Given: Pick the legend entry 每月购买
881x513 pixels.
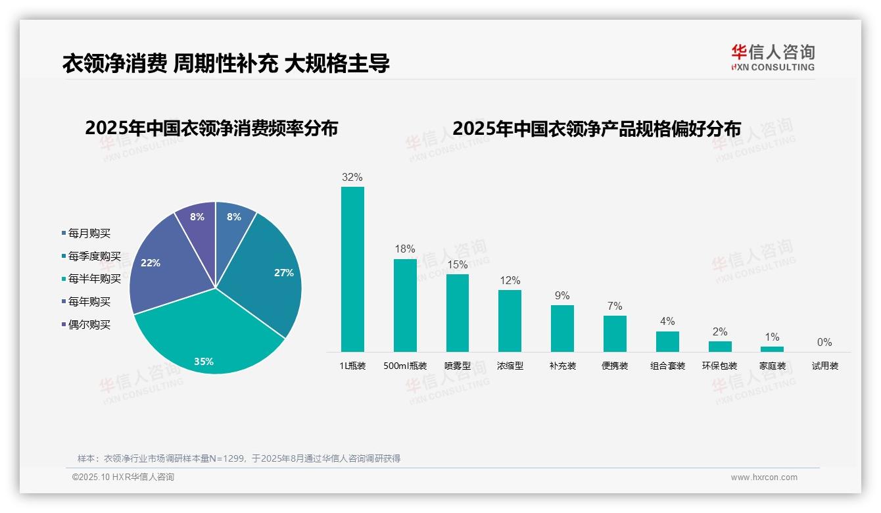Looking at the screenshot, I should click(89, 233).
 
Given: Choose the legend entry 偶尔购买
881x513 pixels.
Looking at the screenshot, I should click(89, 325).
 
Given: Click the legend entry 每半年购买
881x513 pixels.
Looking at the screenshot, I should click(95, 279).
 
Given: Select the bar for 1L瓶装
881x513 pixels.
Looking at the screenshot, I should click(352, 270).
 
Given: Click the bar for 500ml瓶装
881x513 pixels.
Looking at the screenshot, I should click(405, 306).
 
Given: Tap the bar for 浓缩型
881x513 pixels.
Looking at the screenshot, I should click(510, 321).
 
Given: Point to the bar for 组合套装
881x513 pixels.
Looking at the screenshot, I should click(667, 341).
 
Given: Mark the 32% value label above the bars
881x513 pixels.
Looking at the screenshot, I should click(352, 178).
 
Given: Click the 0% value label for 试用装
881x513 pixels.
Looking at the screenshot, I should click(824, 343).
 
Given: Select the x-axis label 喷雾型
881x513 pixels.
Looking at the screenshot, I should click(458, 366).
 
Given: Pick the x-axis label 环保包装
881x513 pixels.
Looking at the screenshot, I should click(720, 366).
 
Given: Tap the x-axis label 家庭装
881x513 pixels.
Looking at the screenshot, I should click(773, 366).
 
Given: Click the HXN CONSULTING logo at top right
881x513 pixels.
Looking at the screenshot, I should click(773, 58).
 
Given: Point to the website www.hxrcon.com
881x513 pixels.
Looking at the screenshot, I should click(764, 477).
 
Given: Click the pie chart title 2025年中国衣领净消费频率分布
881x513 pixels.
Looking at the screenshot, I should click(211, 128).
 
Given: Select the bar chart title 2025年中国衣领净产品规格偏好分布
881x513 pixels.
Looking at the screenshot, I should click(596, 128).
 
